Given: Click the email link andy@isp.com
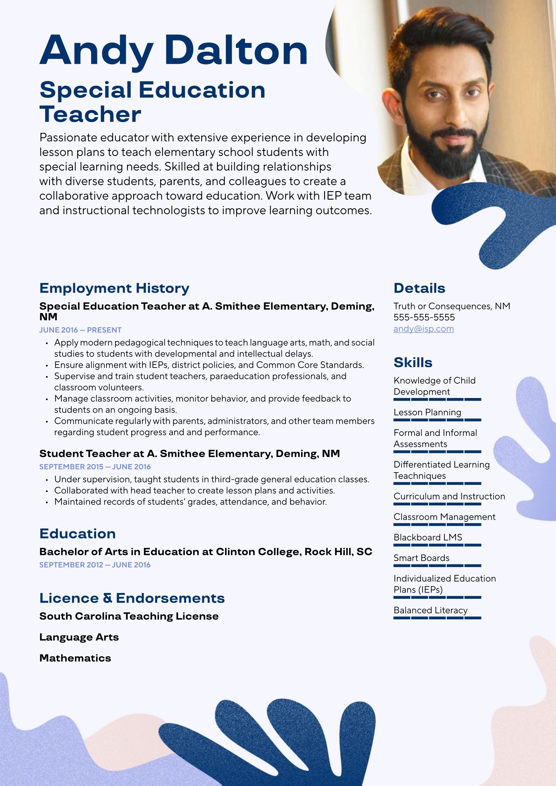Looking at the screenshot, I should tap(424, 329).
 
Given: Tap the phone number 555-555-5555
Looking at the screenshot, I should tap(424, 317).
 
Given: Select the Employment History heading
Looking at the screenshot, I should tap(114, 288).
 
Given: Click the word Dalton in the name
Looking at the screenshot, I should tap(236, 51).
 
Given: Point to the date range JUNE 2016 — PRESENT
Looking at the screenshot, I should tap(80, 330).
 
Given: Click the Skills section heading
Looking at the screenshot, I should tap(413, 363).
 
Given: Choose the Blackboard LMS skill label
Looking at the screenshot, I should tap(427, 537).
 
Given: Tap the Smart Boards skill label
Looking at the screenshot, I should tap(421, 558).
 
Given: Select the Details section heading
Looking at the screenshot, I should tap(419, 288).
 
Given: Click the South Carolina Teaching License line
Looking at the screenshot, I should tap(129, 616).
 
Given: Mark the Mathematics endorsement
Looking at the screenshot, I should tap(75, 658).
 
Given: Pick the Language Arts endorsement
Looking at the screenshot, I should tap(79, 637).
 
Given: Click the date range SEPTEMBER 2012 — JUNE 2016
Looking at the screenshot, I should tap(95, 565).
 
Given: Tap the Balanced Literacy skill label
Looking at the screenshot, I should tap(431, 610).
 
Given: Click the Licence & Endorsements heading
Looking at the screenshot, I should tap(132, 598).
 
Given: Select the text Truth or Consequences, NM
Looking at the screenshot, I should tap(452, 306).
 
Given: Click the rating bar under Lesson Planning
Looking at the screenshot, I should tap(437, 420).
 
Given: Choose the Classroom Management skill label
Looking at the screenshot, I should tap(444, 517).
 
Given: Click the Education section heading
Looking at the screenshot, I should tap(78, 534).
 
